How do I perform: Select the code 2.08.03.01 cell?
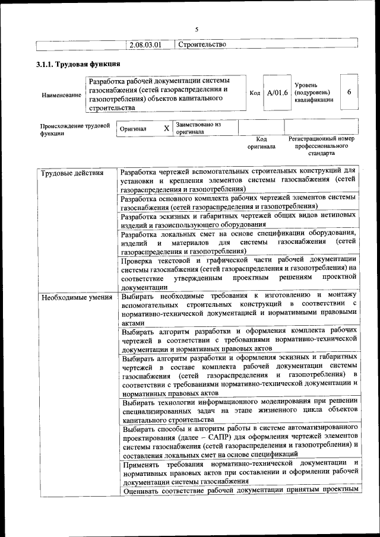[145, 45]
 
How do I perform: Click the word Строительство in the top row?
[202, 45]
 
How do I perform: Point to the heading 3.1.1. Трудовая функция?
[78, 64]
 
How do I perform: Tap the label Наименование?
[61, 95]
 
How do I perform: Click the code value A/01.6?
[277, 93]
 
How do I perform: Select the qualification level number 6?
[349, 92]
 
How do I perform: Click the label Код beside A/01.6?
[255, 93]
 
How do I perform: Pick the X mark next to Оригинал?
[167, 128]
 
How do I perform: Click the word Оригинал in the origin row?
[133, 128]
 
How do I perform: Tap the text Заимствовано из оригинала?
[198, 128]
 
